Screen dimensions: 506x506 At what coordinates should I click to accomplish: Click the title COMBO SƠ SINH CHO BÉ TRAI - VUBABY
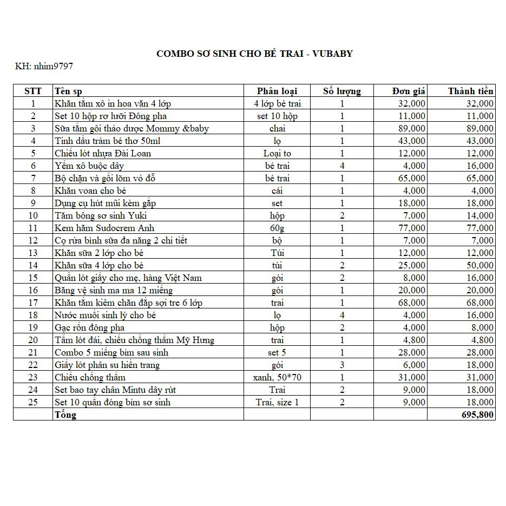(254, 54)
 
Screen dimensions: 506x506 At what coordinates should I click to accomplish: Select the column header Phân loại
(277, 91)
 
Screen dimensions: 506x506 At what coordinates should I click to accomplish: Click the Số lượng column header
(341, 91)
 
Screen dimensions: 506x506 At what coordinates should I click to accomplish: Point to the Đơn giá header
(409, 91)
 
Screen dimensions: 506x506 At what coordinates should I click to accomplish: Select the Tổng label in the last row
(65, 415)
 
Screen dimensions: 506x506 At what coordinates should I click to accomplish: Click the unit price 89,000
(410, 128)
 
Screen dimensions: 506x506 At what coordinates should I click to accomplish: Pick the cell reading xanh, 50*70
(277, 377)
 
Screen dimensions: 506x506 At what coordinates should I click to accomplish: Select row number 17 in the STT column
(33, 303)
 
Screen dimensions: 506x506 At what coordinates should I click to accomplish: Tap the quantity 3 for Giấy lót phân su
(342, 365)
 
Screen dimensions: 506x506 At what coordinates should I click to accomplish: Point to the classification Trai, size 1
(277, 402)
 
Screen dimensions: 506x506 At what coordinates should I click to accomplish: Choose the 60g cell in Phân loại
(277, 228)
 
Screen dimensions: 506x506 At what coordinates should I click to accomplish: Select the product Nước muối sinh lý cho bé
(105, 315)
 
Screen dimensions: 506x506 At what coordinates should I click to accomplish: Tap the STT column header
(33, 91)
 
